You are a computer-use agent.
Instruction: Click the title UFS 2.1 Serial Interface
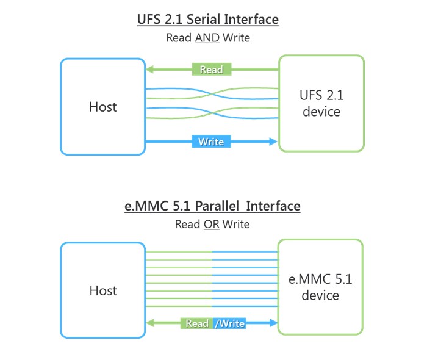pos(208,20)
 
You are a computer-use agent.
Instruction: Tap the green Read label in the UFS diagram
pos(212,69)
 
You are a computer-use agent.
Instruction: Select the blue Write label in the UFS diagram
pos(211,142)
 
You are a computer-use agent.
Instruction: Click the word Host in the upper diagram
pos(102,107)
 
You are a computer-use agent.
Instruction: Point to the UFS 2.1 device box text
pos(321,104)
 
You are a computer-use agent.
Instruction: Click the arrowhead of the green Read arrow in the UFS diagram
pos(149,69)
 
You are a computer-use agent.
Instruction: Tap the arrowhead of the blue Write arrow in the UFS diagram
pos(274,142)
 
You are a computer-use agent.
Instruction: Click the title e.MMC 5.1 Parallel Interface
pos(212,206)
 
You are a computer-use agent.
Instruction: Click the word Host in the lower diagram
pos(102,290)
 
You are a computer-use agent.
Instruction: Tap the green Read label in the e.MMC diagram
pos(197,323)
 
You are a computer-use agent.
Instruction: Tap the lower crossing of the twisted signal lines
pos(212,113)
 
